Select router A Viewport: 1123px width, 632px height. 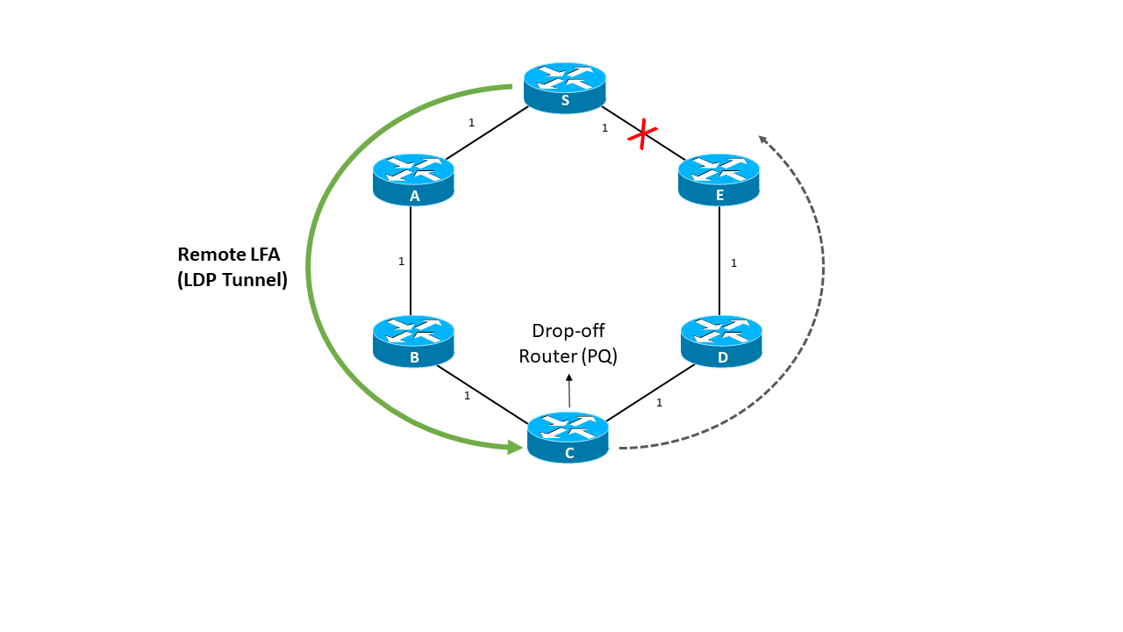[x=413, y=180]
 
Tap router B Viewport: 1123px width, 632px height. [x=413, y=341]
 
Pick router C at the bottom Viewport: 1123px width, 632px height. [x=568, y=437]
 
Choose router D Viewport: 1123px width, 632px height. [x=721, y=341]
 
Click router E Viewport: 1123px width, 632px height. [x=719, y=180]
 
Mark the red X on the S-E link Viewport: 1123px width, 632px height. [x=643, y=136]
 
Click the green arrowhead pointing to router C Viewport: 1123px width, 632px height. [x=516, y=447]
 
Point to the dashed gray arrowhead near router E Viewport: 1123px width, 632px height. [x=762, y=139]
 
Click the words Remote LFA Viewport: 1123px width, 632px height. [x=228, y=255]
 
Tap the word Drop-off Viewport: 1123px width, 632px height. [x=568, y=331]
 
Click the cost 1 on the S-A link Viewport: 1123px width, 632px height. [x=471, y=123]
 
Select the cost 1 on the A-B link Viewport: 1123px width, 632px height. [x=401, y=262]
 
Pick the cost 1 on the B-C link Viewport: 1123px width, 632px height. [x=467, y=396]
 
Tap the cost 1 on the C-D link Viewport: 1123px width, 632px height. [x=659, y=403]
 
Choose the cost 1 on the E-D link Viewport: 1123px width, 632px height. [x=733, y=262]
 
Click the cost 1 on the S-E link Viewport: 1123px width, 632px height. [x=604, y=128]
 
